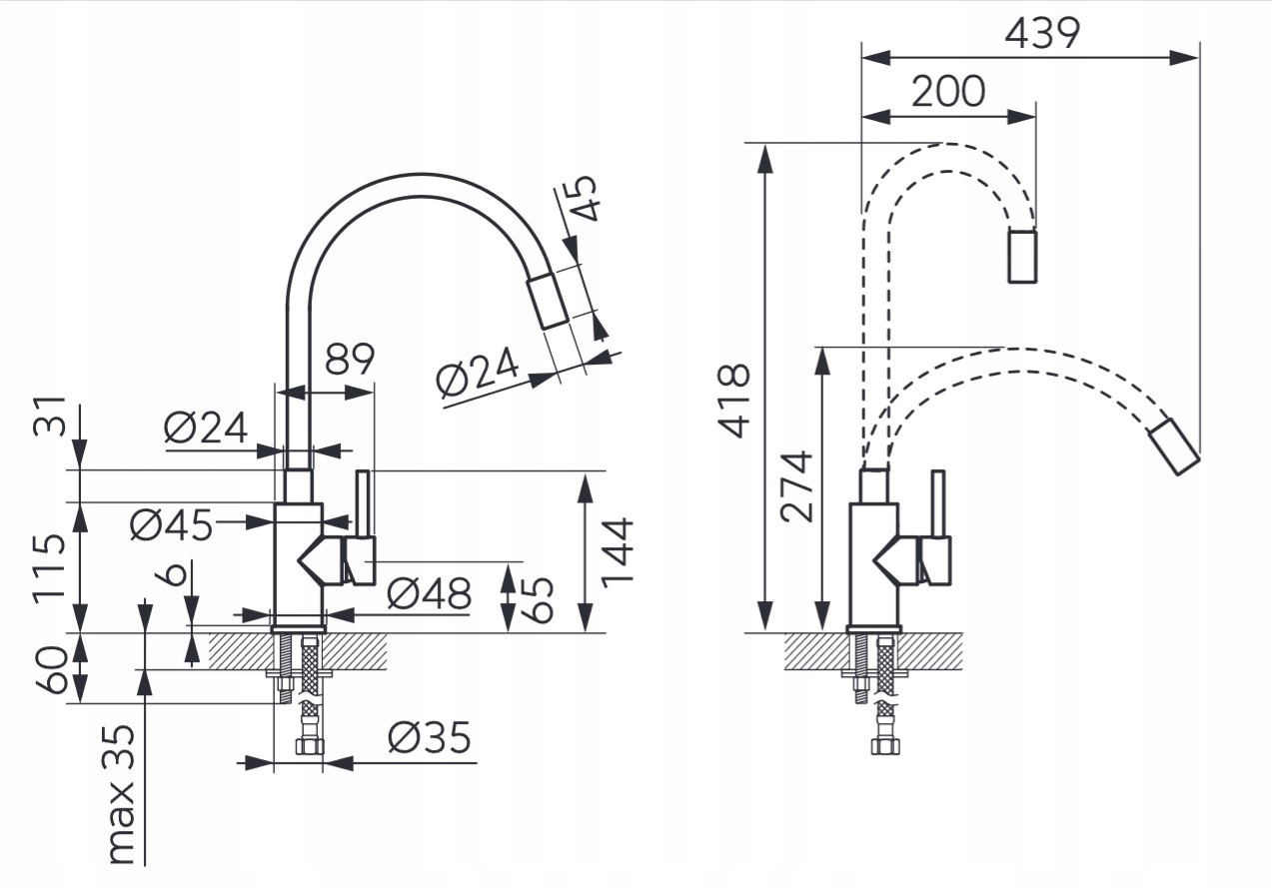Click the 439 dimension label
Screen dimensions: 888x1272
[1041, 34]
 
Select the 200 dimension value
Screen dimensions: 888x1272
[947, 92]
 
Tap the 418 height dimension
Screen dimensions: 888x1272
[736, 401]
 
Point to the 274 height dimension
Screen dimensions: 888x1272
[796, 486]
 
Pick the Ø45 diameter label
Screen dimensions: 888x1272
[172, 524]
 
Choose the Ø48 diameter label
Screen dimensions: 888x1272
[429, 595]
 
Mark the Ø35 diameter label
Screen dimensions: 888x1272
[430, 739]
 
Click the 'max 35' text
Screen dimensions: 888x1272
[120, 793]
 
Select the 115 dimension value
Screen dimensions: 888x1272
[50, 566]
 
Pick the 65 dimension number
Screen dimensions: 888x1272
[539, 596]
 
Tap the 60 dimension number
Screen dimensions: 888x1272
[51, 670]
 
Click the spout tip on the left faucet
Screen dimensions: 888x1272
[548, 299]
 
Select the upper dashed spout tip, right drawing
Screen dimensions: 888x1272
[1021, 257]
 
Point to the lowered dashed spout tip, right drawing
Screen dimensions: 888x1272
[1173, 446]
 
